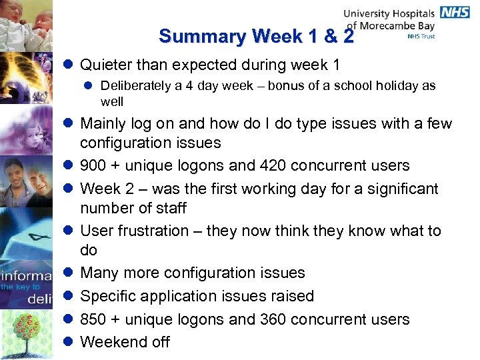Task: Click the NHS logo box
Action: tap(455, 13)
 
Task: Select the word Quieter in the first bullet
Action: tap(106, 65)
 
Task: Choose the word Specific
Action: tap(107, 296)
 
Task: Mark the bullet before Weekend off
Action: tap(69, 342)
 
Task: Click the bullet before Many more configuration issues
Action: tap(69, 273)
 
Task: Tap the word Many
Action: tap(99, 273)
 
